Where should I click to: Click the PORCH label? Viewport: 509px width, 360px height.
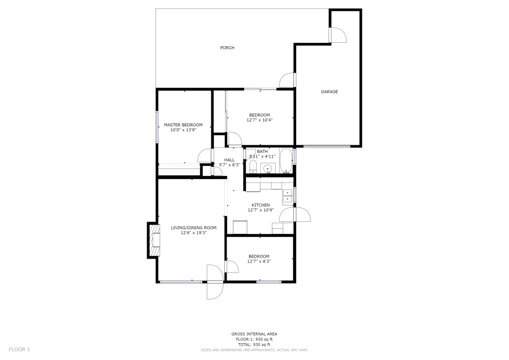pos(227,48)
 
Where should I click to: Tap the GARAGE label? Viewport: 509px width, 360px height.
pos(330,91)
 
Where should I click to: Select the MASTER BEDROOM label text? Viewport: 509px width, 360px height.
pos(183,125)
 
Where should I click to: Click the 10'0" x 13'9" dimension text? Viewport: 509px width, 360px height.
pos(183,130)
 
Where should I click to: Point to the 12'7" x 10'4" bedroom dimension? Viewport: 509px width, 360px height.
pos(259,120)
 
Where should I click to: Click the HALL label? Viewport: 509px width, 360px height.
pos(229,160)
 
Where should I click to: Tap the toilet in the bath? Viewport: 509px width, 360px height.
pos(253,167)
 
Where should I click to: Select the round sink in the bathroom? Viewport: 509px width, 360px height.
pos(267,169)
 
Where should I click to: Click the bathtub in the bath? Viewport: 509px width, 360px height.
pos(286,161)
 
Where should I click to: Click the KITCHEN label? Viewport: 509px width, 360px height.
pos(260,205)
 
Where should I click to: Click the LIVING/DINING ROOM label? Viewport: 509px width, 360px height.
pos(194,228)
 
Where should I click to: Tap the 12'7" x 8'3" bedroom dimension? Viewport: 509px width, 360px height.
pos(259,262)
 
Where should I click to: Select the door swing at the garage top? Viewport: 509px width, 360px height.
pos(339,35)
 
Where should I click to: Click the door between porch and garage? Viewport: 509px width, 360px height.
pos(287,80)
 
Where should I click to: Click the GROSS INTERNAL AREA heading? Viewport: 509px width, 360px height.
pos(254,334)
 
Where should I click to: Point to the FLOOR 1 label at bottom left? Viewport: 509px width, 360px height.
pos(19,350)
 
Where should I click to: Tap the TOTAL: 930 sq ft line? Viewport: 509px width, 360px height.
pos(254,345)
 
